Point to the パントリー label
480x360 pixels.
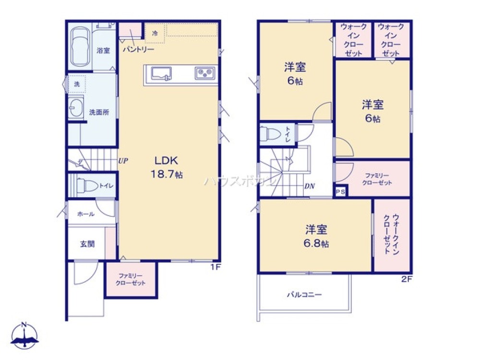138,49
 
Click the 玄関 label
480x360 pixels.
87,243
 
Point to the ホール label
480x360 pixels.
85,214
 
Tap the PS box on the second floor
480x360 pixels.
340,192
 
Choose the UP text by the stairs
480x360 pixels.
123,161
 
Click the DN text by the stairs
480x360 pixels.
310,186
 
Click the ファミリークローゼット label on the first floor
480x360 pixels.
131,279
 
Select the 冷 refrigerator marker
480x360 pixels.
155,33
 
